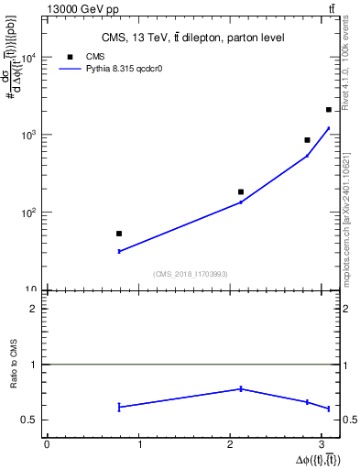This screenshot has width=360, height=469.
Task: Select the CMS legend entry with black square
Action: tap(73, 57)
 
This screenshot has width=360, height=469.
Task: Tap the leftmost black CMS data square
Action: tap(119, 234)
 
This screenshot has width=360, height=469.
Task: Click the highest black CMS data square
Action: tap(329, 110)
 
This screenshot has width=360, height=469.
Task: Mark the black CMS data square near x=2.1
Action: tap(241, 192)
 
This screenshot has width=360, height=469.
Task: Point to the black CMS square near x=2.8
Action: tap(307, 140)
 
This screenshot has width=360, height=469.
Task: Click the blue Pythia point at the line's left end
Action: tap(119, 251)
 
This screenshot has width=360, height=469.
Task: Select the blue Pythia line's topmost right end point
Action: tap(329, 128)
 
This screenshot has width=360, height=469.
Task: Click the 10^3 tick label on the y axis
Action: tap(27, 135)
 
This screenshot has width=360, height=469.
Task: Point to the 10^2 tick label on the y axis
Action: tap(27, 213)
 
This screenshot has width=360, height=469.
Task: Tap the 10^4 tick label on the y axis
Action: tap(27, 57)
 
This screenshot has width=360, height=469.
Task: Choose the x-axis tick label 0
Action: tap(47, 444)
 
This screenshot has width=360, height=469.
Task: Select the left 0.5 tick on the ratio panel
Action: tap(32, 420)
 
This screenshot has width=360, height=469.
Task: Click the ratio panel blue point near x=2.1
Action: tap(241, 388)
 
